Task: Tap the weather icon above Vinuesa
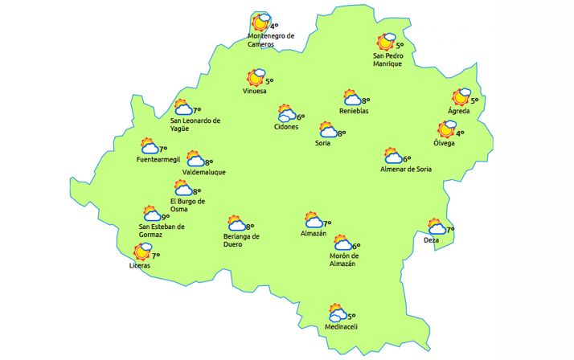[x=256, y=78]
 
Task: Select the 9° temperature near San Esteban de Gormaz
[x=166, y=217]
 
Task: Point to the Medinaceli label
[x=341, y=326]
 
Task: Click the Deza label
[x=432, y=240]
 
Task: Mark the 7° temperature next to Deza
[x=450, y=230]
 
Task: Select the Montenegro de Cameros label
[x=272, y=40]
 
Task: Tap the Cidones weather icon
[x=286, y=114]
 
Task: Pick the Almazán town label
[x=313, y=233]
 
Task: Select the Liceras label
[x=140, y=265]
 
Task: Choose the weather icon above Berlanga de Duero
[x=236, y=223]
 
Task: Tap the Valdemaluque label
[x=204, y=172]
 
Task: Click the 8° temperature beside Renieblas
[x=365, y=101]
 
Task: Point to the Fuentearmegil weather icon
[x=150, y=145]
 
